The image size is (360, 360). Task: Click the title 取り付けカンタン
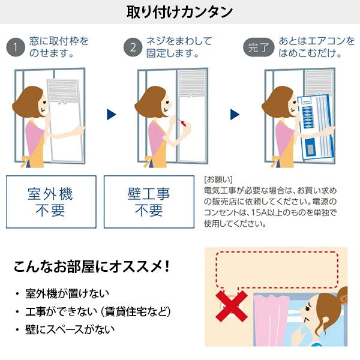coord(180,11)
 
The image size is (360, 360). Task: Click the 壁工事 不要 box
coord(149,202)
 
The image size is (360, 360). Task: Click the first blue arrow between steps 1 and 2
coord(110,115)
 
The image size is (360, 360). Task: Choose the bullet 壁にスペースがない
coord(70,329)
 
